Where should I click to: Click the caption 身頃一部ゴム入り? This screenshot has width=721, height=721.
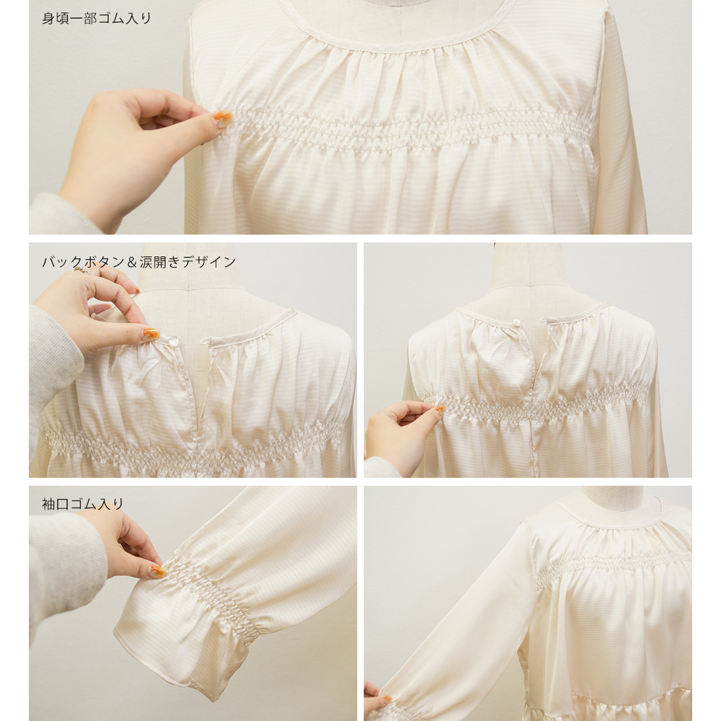pos(97,19)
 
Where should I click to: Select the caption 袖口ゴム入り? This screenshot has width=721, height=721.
pos(83,504)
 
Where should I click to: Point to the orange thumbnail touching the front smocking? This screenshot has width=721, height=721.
pos(223,118)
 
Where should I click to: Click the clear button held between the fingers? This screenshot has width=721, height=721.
pos(173,341)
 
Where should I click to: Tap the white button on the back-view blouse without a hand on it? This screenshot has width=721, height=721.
pos(516,322)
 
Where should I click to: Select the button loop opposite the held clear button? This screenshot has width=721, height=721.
pos(205,341)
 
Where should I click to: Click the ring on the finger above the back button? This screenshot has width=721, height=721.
pos(81,270)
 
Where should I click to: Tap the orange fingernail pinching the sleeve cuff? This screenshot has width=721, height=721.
pos(158,571)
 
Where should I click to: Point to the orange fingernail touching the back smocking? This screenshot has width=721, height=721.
pos(440,408)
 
